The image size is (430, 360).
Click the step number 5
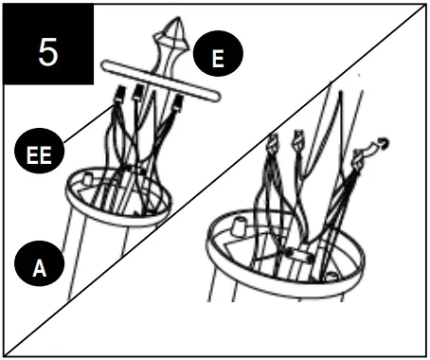point(48,51)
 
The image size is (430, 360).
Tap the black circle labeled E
point(218,59)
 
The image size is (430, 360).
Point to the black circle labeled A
point(39,267)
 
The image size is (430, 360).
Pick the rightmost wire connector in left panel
point(177,103)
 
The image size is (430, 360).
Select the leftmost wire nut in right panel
point(271,145)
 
